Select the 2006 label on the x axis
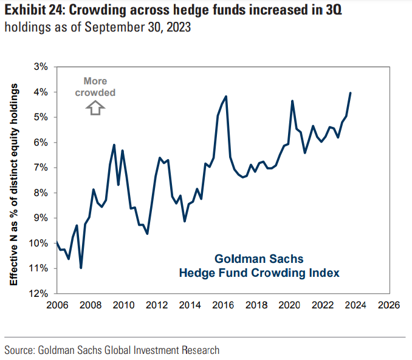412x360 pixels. coord(57,305)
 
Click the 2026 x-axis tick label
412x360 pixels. coord(389,305)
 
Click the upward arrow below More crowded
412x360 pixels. coord(95,107)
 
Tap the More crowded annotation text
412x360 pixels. coord(95,87)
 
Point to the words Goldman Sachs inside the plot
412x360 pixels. coord(259,259)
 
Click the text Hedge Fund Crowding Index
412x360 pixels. coord(259,273)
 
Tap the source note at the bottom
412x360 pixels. coord(112,350)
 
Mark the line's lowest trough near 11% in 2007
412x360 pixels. coord(81,268)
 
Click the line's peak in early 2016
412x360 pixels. coord(226,96)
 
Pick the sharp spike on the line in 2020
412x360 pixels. coord(292,101)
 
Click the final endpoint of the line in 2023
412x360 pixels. coord(351,93)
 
